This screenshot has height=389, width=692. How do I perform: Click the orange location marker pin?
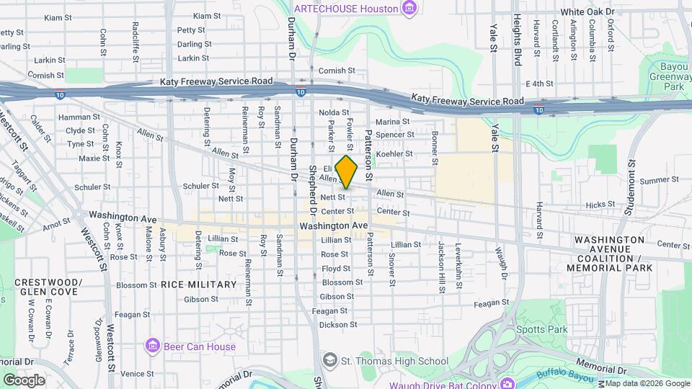coord(347,171)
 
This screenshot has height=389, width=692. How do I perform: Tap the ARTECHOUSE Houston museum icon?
coord(409,9)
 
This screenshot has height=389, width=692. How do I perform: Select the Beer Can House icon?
coord(152,346)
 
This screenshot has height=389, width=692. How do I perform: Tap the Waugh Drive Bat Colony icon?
coord(508,383)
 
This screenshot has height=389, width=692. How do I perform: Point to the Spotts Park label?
coord(541,329)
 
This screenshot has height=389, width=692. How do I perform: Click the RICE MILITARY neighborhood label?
coord(198,285)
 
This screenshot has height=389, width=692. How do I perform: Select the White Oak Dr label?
coord(587,12)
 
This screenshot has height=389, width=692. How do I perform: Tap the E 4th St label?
coord(538,84)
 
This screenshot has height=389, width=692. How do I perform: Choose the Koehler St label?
coord(394,153)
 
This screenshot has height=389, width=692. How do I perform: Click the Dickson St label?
coord(338,325)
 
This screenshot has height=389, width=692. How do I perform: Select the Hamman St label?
coord(79,117)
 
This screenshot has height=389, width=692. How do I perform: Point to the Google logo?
coord(24,380)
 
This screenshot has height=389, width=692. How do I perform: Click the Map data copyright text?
coord(647,383)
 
